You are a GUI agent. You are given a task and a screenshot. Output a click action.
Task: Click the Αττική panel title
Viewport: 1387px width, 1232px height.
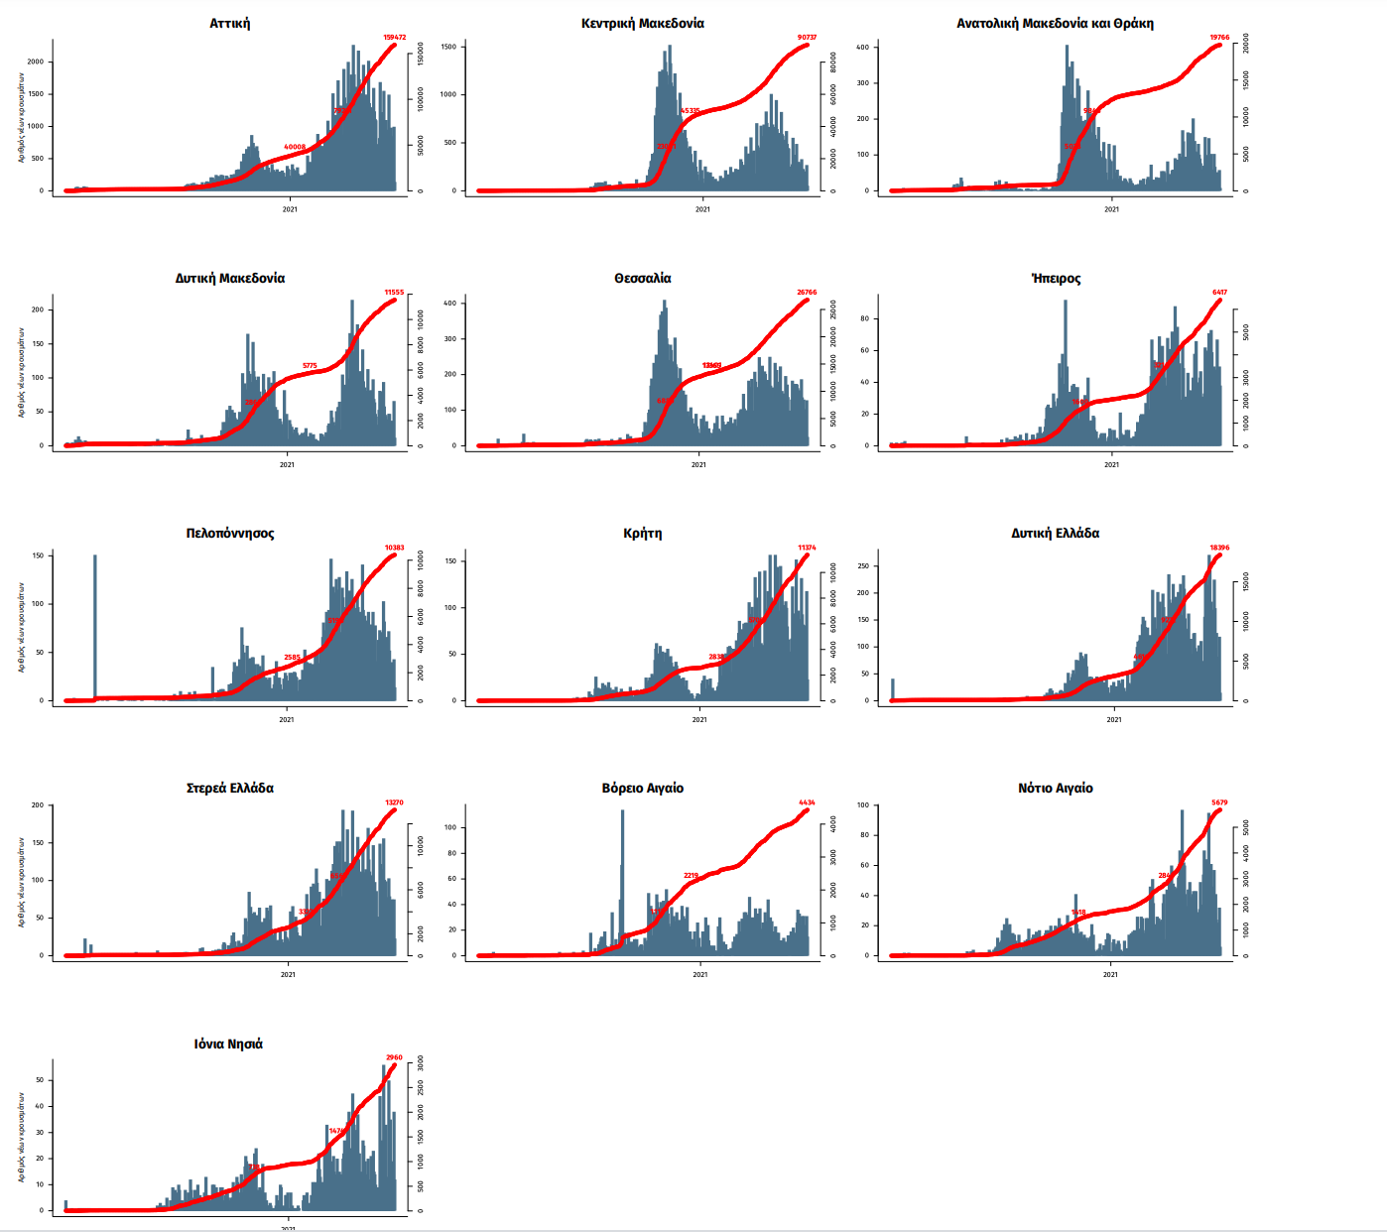pyautogui.click(x=229, y=23)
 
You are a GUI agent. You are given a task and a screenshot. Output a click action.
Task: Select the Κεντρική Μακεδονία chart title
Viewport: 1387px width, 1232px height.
pyautogui.click(x=642, y=23)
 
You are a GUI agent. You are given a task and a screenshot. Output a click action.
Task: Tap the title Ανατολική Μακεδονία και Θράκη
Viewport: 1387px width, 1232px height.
pyautogui.click(x=1055, y=23)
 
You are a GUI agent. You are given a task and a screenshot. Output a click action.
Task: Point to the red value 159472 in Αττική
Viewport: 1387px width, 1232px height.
pyautogui.click(x=395, y=38)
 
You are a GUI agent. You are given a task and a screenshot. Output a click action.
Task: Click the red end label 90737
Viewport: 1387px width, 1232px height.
pyautogui.click(x=807, y=38)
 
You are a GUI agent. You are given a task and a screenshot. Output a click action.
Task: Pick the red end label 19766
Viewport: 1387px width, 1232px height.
pyautogui.click(x=1219, y=38)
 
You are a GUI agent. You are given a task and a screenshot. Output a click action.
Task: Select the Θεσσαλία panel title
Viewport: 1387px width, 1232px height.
pyautogui.click(x=642, y=278)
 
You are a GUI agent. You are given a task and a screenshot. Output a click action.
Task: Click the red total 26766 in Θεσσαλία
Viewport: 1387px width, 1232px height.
pyautogui.click(x=807, y=293)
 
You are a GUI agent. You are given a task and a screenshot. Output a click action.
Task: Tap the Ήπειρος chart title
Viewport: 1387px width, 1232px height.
pyautogui.click(x=1056, y=278)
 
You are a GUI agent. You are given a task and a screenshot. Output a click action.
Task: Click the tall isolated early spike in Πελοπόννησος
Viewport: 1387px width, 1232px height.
pyautogui.click(x=95, y=625)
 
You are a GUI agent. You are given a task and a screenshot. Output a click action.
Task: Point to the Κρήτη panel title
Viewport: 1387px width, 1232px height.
pyautogui.click(x=642, y=533)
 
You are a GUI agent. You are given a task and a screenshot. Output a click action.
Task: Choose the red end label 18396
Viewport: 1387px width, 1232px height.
pyautogui.click(x=1219, y=548)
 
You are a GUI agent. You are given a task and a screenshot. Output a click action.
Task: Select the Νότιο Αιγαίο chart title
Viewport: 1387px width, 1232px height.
pyautogui.click(x=1055, y=788)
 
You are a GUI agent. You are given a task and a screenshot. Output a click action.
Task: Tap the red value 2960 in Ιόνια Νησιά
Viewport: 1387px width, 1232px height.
pyautogui.click(x=394, y=1057)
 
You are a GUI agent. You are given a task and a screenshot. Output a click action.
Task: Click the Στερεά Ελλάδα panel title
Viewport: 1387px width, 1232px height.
pyautogui.click(x=229, y=788)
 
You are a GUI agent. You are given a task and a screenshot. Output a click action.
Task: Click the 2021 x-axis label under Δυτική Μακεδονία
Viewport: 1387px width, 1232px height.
pyautogui.click(x=287, y=464)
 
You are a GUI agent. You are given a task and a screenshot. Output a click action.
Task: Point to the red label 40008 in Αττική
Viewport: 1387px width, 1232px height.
pyautogui.click(x=295, y=147)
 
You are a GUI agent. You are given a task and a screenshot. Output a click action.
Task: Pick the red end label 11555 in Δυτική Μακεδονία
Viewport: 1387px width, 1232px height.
pyautogui.click(x=394, y=293)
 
